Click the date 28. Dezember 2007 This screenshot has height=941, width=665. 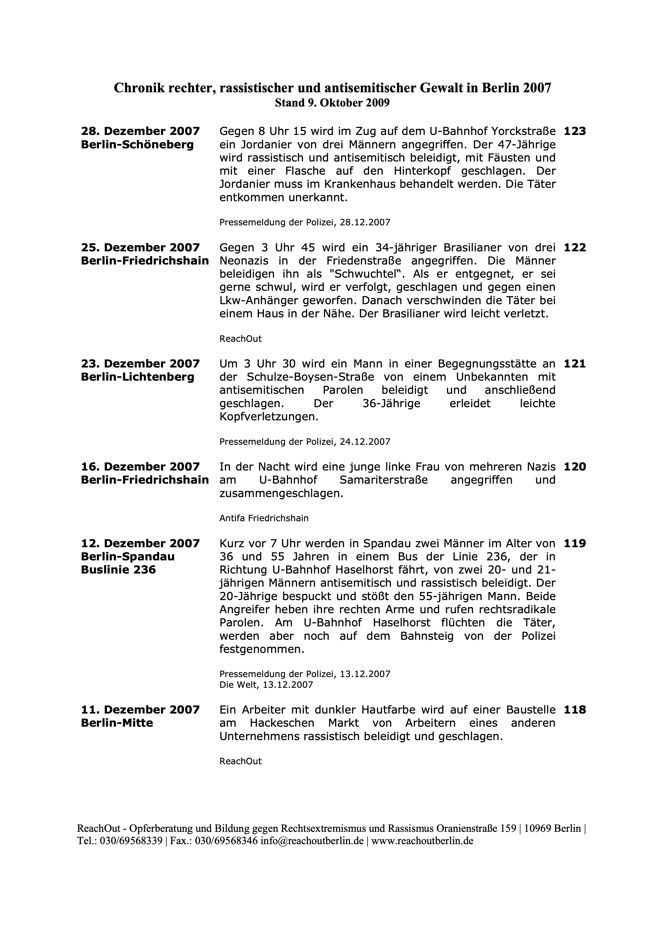click(140, 131)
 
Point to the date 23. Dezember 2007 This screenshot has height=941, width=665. click(140, 364)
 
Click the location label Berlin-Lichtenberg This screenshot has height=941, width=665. click(137, 377)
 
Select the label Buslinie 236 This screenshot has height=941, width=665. click(118, 570)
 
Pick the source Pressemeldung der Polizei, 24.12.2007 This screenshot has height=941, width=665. click(304, 442)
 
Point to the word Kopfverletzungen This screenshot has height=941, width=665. click(269, 417)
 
